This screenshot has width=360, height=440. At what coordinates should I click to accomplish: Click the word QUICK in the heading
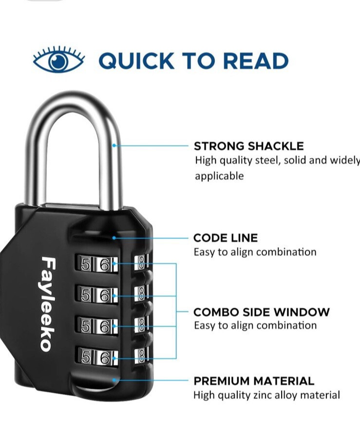(136, 61)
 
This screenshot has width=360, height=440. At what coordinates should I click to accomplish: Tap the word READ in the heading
(256, 61)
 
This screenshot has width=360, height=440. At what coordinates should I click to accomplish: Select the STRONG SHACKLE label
(249, 146)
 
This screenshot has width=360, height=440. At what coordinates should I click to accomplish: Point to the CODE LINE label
(226, 238)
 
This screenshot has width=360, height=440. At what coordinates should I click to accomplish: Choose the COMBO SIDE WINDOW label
(262, 312)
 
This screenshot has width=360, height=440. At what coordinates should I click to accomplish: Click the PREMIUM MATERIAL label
(254, 381)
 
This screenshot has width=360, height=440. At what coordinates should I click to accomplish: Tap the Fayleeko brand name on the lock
(47, 304)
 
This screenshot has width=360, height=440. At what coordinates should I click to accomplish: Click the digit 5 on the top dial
(85, 264)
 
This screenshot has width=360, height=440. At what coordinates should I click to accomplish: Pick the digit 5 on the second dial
(85, 295)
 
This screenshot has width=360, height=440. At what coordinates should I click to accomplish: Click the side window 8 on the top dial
(142, 263)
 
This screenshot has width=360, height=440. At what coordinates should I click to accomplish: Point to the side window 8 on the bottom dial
(142, 356)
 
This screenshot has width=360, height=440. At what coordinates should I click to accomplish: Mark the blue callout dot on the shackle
(114, 146)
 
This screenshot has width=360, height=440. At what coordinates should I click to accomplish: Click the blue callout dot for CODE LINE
(114, 238)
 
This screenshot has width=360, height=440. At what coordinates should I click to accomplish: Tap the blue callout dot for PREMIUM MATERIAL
(114, 380)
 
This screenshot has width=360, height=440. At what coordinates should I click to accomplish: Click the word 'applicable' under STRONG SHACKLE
(219, 176)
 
